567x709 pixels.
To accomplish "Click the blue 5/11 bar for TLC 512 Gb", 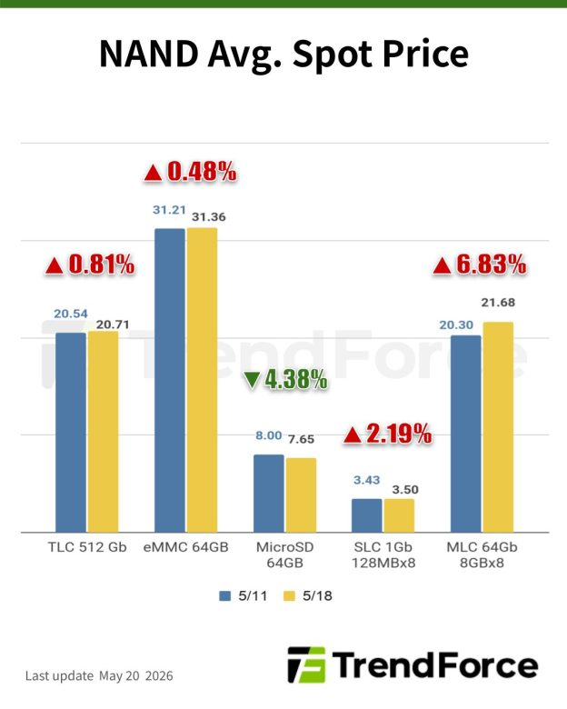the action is point(71,433).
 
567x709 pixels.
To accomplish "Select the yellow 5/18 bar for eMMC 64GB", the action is point(202,380).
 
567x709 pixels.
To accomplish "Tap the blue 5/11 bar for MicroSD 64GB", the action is point(269,494).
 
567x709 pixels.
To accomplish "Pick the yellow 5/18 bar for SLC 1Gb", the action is point(399,515).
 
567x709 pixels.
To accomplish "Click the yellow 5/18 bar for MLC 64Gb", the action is point(498,427).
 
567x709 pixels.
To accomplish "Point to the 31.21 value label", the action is point(169,210).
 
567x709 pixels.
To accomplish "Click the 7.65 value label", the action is point(301,439).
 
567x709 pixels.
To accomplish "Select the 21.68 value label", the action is point(498,302).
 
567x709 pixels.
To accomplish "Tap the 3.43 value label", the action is point(367,480).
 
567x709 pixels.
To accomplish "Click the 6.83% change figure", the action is point(491,264).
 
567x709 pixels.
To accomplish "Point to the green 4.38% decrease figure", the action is point(296,379).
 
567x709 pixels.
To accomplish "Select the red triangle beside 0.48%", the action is point(153,174).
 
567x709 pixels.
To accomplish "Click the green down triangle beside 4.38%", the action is point(252,380).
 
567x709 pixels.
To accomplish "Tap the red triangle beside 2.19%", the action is point(353,435).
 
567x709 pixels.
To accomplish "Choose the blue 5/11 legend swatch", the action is point(224,595).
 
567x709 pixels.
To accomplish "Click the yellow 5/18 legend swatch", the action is point(289,595).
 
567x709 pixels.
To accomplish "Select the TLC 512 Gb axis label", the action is point(87,547).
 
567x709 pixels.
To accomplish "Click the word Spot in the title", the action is point(333,55).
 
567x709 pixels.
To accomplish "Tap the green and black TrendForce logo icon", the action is point(306,664).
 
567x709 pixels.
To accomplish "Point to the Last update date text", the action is point(99,675).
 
